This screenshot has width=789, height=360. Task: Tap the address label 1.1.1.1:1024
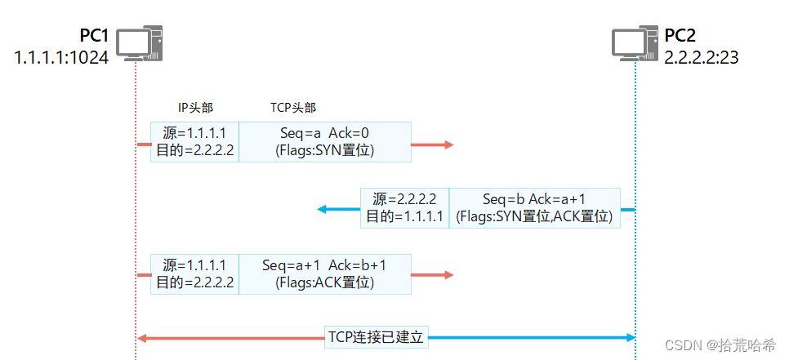click(61, 58)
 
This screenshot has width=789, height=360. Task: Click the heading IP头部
click(196, 108)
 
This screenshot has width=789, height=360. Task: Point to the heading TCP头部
click(293, 108)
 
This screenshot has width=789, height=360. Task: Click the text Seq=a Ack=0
click(324, 132)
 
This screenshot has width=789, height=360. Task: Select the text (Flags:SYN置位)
click(324, 150)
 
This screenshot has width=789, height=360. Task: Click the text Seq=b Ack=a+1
click(535, 198)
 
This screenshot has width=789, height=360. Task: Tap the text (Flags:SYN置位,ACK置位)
click(535, 216)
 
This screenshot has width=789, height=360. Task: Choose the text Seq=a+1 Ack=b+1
click(324, 265)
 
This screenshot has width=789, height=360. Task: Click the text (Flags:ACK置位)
click(324, 283)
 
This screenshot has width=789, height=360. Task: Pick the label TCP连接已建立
click(377, 336)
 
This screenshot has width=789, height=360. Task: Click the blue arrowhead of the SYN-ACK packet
click(322, 209)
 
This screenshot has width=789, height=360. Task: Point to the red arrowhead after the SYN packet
click(447, 144)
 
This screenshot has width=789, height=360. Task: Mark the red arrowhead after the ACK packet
click(447, 276)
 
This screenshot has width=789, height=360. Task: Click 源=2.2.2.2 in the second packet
click(404, 198)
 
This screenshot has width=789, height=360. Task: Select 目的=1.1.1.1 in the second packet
click(404, 216)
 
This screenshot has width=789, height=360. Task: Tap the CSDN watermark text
click(720, 345)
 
